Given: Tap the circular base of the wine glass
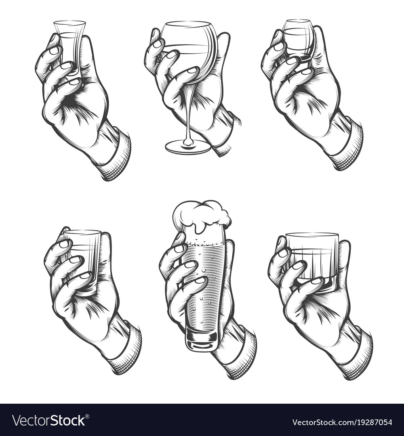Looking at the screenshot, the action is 188,147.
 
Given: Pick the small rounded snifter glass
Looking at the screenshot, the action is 298,39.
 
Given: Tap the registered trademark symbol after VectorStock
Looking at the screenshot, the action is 87,416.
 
